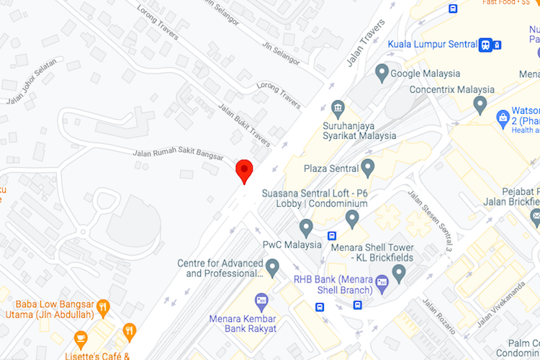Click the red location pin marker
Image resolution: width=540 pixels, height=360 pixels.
click(245, 171)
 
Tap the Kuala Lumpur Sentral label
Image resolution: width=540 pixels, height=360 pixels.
click(432, 44)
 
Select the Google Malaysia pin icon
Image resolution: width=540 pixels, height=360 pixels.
click(382, 72)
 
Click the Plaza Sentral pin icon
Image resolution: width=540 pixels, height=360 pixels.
click(368, 168)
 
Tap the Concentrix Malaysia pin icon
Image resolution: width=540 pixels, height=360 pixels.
click(480, 105)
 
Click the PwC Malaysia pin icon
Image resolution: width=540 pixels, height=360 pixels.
click(306, 228)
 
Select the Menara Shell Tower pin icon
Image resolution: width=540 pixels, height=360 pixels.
click(352, 218)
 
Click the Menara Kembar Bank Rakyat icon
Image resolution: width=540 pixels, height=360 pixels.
click(261, 300)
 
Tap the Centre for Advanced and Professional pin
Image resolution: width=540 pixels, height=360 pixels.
click(272, 268)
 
